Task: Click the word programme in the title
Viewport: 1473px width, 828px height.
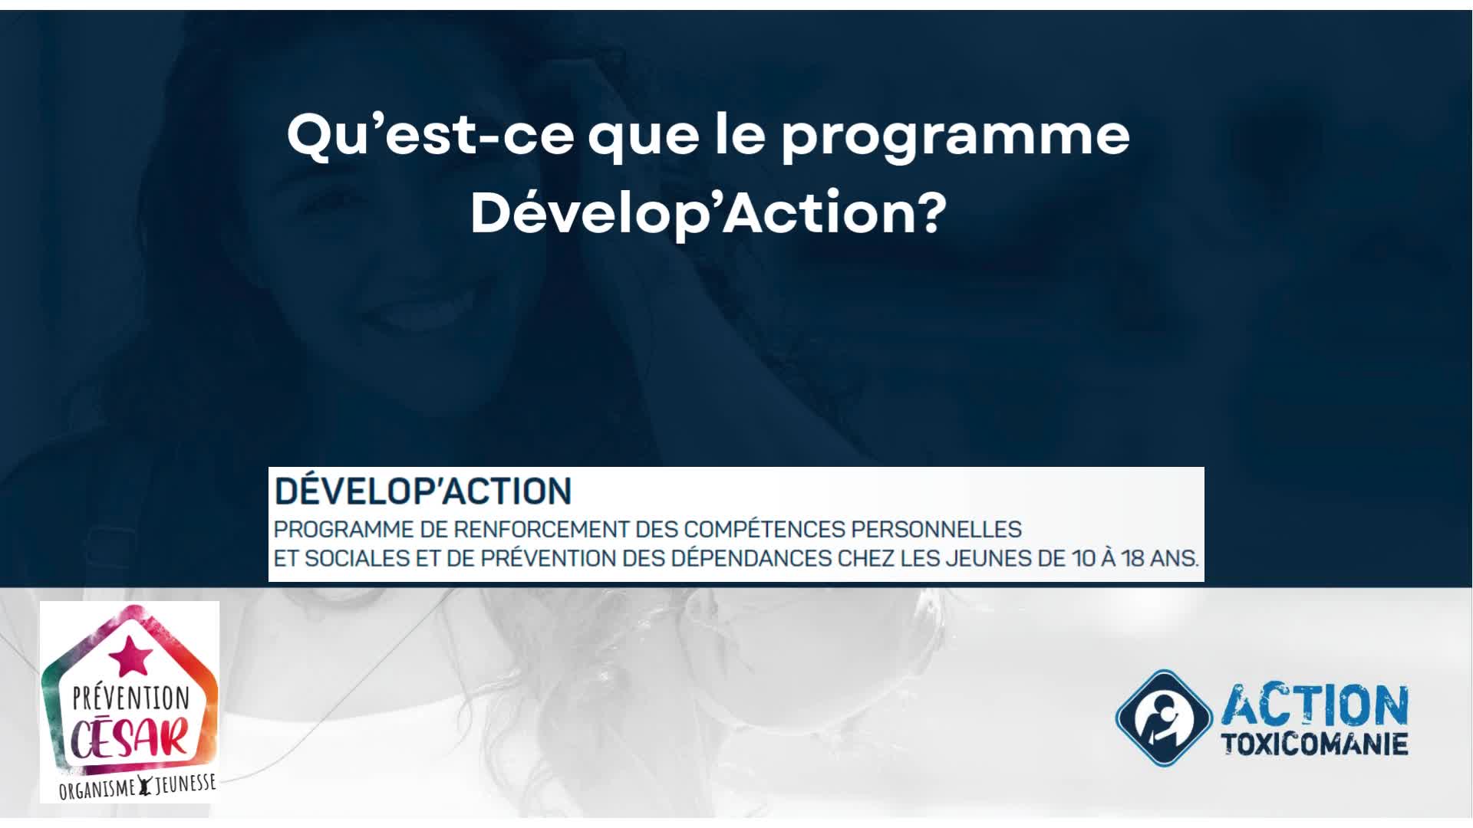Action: click(955, 136)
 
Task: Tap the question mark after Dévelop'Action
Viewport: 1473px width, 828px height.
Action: click(930, 214)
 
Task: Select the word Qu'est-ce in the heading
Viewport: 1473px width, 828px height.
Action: click(430, 133)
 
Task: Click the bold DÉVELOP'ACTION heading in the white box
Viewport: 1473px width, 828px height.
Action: click(423, 491)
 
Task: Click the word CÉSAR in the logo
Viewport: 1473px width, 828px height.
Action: click(130, 737)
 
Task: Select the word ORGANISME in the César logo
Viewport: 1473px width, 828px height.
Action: click(97, 790)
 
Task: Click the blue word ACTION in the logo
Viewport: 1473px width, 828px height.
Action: click(1314, 706)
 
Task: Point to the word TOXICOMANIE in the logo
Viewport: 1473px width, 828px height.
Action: click(1313, 744)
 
